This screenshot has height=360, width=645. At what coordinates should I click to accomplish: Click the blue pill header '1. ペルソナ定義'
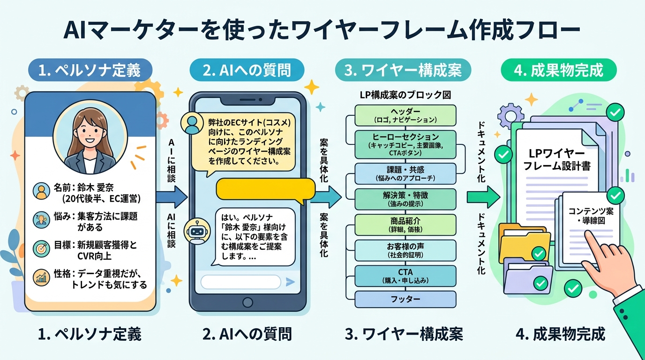(90, 71)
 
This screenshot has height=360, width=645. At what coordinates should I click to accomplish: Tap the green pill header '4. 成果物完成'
(558, 71)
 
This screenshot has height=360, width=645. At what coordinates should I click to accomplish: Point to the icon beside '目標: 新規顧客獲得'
(41, 247)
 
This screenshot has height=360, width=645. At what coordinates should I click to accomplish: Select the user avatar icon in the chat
(192, 123)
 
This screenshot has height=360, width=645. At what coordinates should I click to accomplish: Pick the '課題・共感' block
(405, 173)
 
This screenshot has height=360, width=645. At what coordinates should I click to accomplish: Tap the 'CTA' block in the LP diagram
(405, 276)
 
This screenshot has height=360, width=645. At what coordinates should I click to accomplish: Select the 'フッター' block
(405, 299)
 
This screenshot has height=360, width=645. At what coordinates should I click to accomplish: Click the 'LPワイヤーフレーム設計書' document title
(556, 159)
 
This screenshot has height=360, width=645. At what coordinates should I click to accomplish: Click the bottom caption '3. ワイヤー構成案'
(404, 334)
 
